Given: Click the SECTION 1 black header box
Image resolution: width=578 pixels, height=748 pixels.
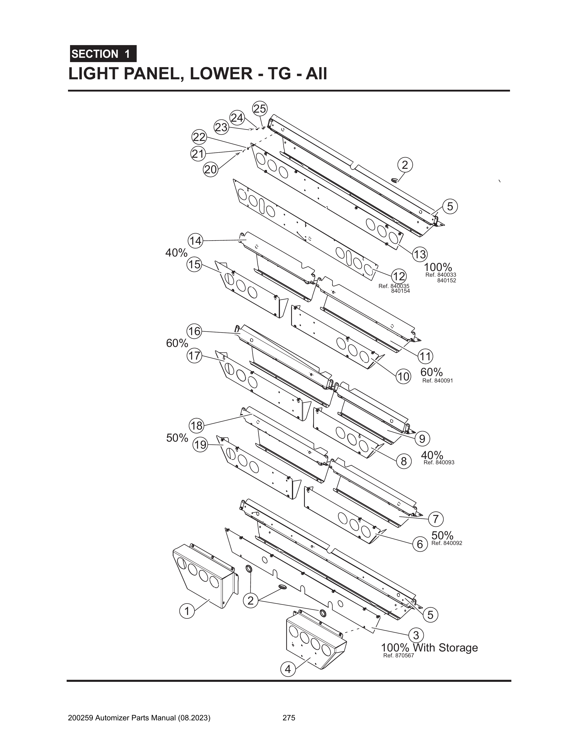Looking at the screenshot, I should (x=103, y=54).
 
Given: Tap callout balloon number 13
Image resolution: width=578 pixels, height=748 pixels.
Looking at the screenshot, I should (x=420, y=254).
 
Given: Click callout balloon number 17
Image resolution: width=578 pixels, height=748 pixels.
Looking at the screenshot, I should (x=194, y=356).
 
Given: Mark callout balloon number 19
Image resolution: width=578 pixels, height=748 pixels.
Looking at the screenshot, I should (x=200, y=445).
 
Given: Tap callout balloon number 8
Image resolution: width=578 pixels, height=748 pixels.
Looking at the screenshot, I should (x=404, y=461).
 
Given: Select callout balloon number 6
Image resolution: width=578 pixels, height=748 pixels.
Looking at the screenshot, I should (x=420, y=544).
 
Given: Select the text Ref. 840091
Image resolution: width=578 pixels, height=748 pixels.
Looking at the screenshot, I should (x=437, y=380).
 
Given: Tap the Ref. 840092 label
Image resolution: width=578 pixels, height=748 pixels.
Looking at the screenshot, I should (x=447, y=543).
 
